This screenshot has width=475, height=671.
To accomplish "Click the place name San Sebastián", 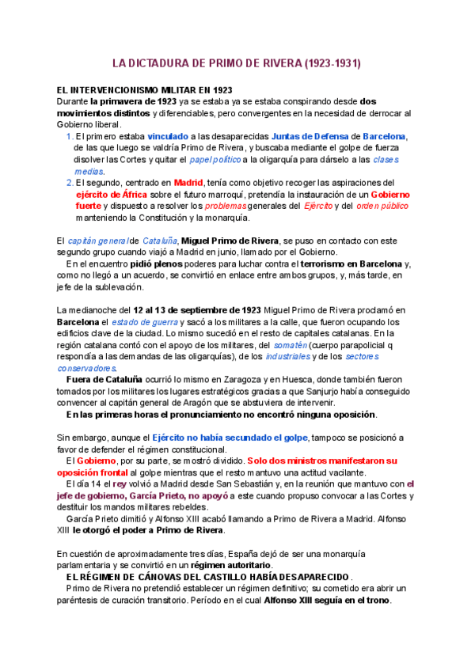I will [x=244, y=483].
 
